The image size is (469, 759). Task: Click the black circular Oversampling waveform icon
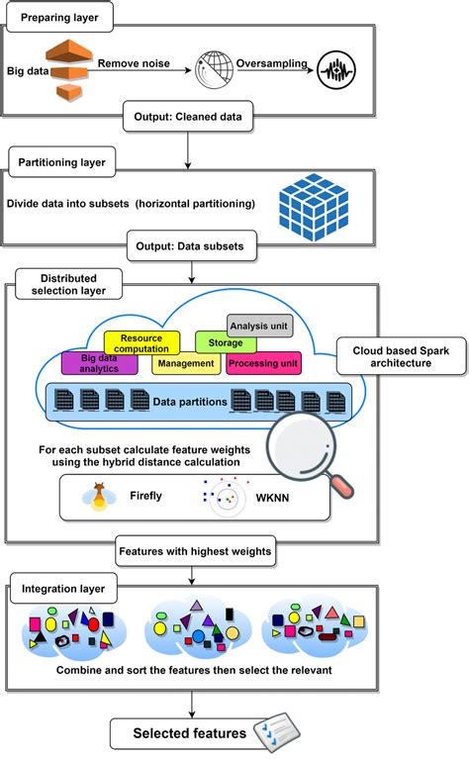point(337,72)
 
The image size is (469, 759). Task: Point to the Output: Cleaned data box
point(187,117)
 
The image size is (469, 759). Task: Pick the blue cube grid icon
point(314,203)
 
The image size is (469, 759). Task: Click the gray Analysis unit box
point(259,325)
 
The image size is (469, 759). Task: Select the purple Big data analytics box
point(99,362)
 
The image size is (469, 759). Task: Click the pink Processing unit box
point(263,363)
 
